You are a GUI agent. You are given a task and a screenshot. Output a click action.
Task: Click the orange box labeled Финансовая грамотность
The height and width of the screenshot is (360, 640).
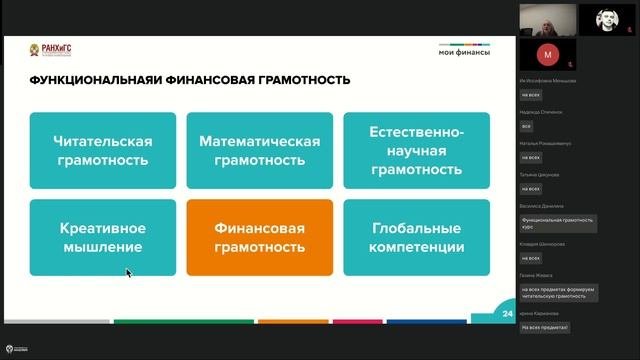point(260,237)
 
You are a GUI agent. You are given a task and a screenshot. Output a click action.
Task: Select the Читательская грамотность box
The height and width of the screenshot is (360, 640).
point(103,150)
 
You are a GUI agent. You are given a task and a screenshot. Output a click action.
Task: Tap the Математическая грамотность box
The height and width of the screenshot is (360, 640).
point(260,150)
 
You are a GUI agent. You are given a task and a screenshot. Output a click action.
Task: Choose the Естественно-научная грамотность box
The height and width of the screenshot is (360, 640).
point(416,150)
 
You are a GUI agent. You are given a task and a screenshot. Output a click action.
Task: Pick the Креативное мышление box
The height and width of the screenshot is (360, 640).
point(103,237)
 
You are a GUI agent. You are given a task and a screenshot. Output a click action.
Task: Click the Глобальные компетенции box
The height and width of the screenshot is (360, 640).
point(416,237)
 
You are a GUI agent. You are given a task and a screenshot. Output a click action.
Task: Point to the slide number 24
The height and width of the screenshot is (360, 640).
point(507,313)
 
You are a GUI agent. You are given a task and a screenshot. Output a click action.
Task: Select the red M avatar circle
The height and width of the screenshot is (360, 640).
point(547,52)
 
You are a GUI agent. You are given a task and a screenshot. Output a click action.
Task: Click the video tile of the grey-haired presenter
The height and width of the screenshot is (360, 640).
point(547,17)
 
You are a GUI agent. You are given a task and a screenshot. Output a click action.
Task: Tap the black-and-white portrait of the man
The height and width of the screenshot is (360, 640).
point(606,17)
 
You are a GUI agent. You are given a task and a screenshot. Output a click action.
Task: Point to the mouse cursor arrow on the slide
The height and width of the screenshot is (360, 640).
point(128,271)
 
